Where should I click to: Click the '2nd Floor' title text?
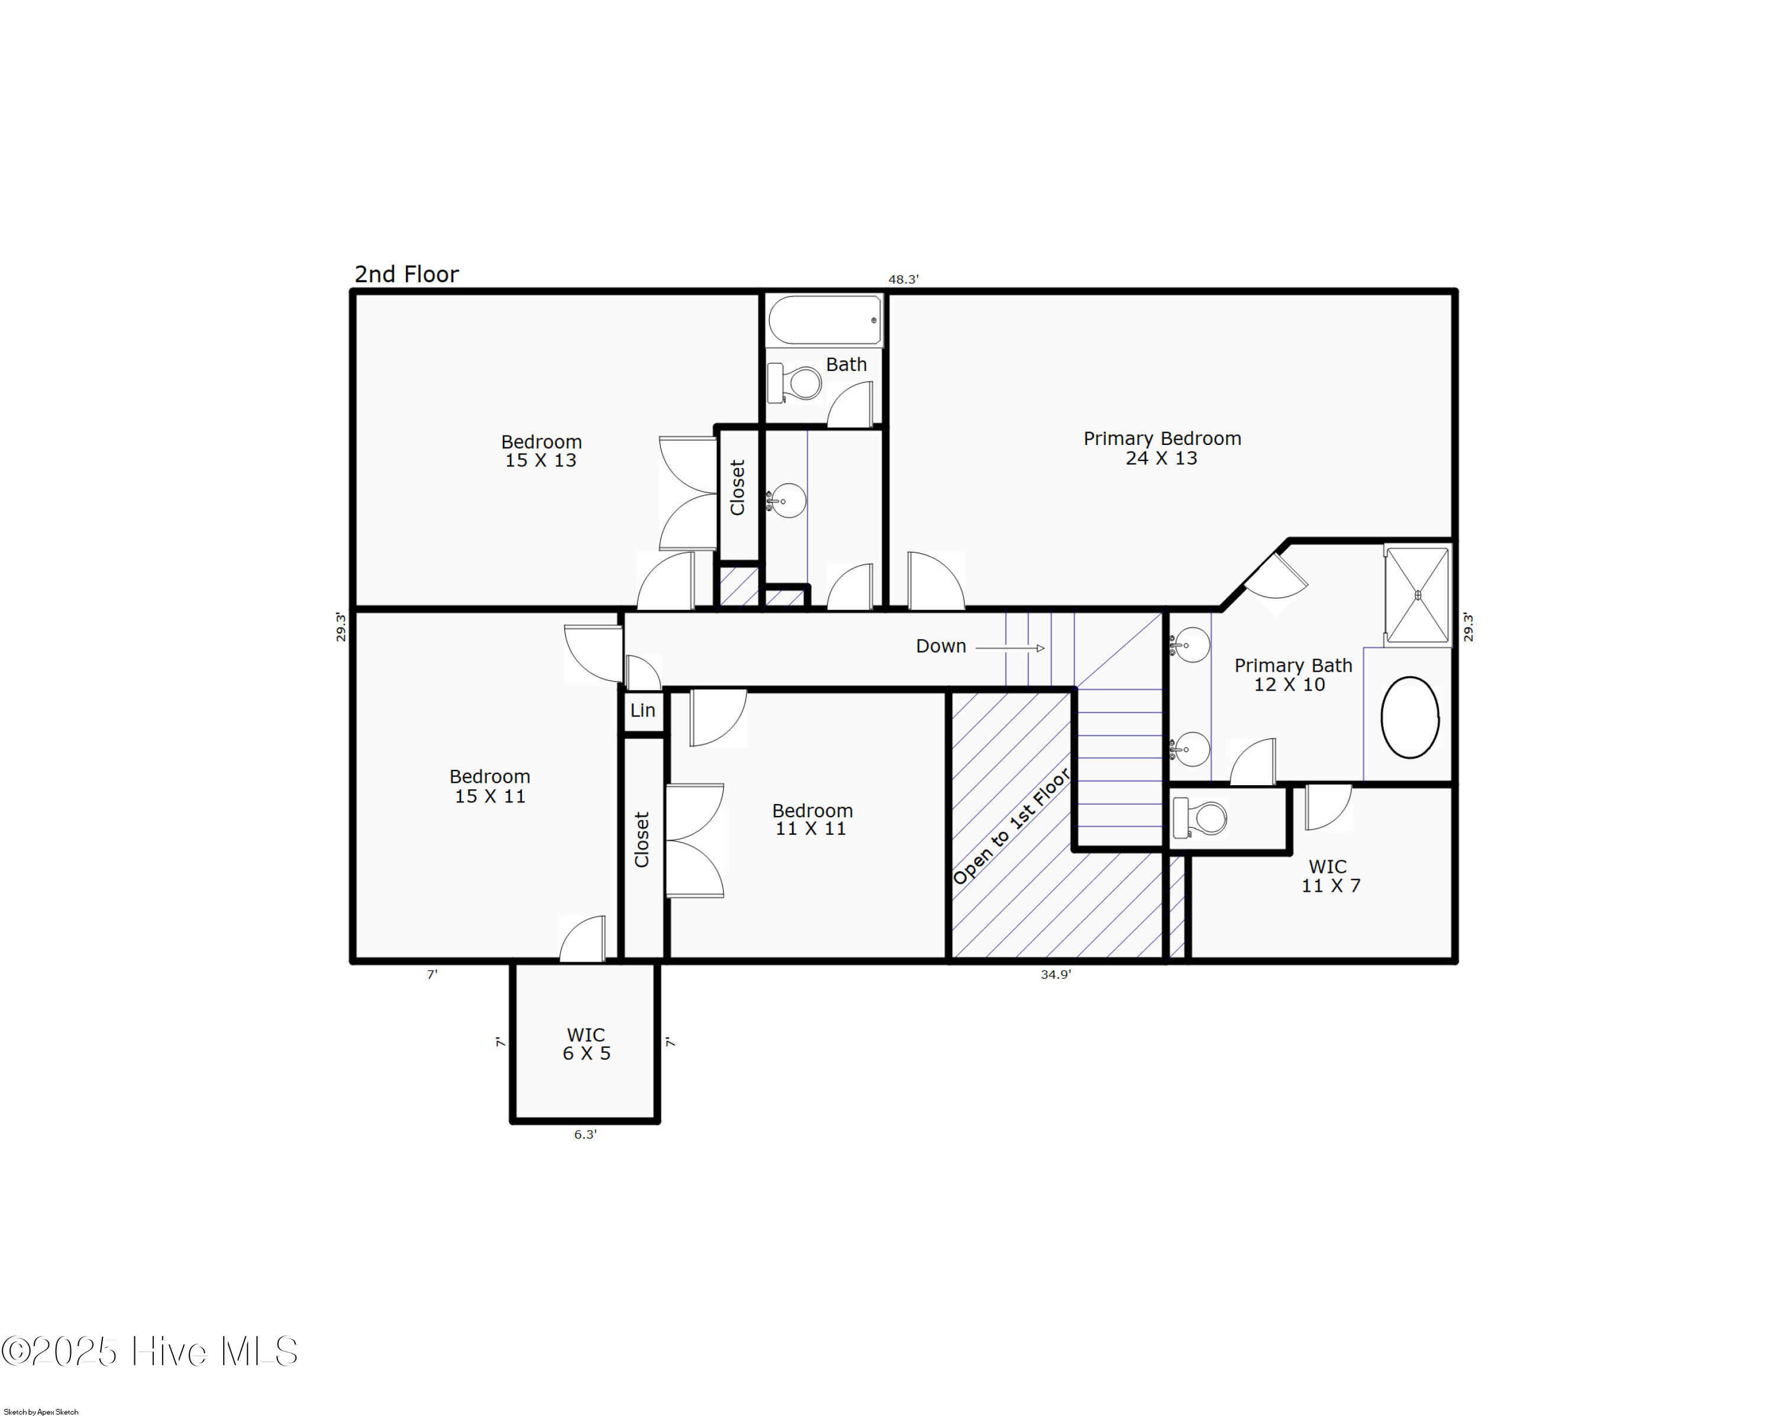406,274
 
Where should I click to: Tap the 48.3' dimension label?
902,279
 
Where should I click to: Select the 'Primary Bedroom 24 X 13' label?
1161,448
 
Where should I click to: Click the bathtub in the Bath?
824,320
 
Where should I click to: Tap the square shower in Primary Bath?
1417,595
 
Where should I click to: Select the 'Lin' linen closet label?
643,709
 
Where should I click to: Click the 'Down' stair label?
941,646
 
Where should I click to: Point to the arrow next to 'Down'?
1010,648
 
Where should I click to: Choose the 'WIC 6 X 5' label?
586,1044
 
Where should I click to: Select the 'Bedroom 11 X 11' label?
812,819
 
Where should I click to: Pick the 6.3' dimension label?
585,1134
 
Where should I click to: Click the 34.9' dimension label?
1056,975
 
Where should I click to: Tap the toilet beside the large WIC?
1199,818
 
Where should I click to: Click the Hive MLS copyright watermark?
149,1352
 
